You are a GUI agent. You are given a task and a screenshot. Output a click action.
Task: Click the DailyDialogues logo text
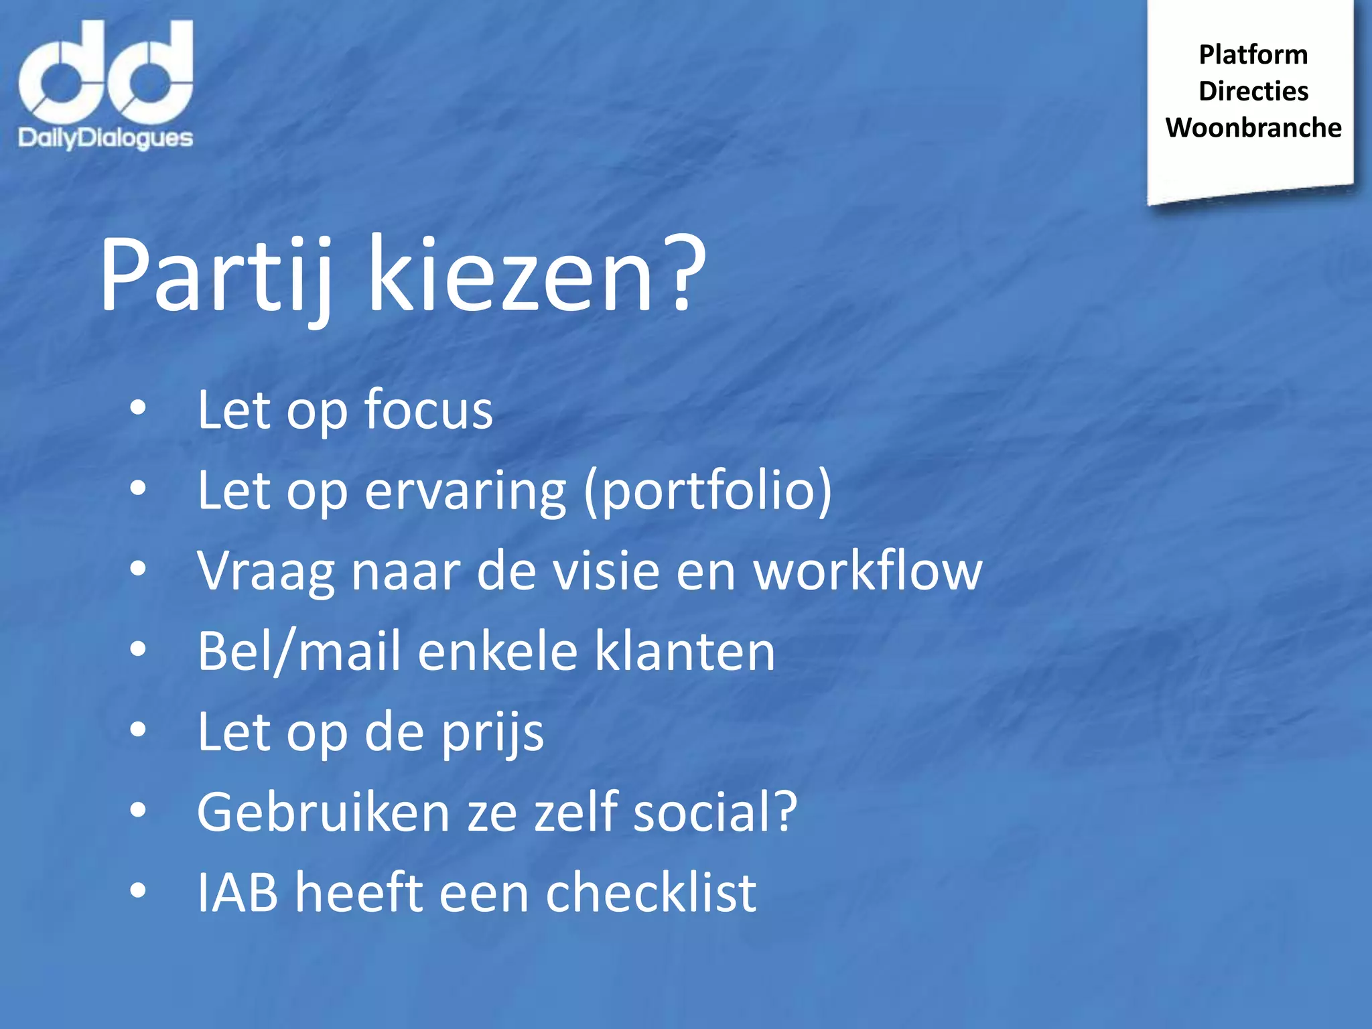105,138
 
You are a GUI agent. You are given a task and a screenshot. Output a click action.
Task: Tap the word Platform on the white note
1253,54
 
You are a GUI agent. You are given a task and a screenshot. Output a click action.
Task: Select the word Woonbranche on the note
1253,127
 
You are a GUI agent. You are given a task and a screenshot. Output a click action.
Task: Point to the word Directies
1253,91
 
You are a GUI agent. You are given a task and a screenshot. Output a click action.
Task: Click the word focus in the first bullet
428,409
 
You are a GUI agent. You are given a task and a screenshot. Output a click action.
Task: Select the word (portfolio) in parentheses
707,491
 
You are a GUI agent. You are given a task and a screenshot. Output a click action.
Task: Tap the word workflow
868,571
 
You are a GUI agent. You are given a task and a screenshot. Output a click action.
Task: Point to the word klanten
685,651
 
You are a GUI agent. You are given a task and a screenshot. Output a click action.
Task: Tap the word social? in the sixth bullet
715,812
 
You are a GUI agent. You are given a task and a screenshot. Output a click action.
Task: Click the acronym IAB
237,892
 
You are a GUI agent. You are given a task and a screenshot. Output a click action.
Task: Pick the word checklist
650,892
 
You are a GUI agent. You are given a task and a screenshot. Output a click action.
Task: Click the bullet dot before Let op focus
138,408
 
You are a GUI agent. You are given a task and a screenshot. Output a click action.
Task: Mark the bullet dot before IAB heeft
138,891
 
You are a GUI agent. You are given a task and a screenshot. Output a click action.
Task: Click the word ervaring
466,491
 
